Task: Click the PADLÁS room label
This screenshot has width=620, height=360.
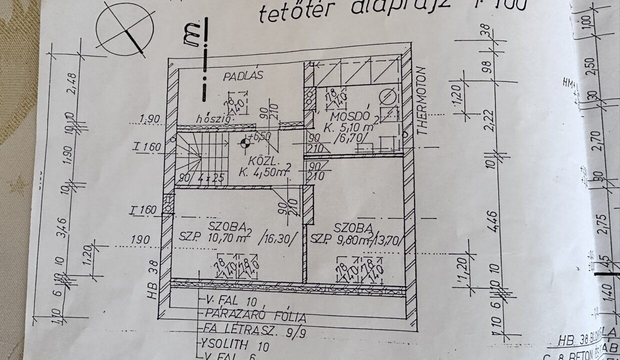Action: click(243, 76)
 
